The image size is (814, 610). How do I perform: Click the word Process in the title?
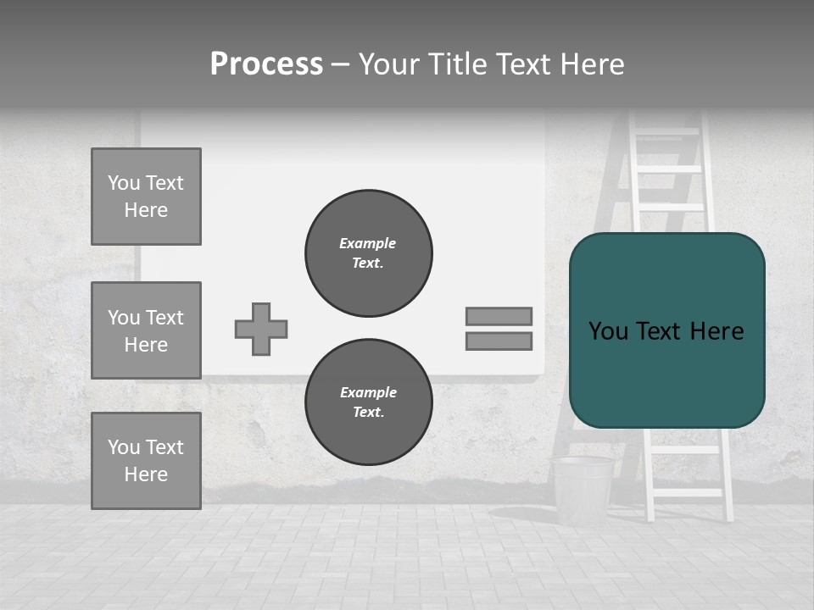266,64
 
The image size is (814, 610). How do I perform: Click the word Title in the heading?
460,64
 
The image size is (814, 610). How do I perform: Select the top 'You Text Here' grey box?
146,197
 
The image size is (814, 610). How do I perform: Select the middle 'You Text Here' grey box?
146,330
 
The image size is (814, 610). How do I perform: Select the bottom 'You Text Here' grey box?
146,460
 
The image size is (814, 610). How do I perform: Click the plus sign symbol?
261,329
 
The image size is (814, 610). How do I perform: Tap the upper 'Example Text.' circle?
368,252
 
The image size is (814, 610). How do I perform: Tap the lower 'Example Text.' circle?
368,402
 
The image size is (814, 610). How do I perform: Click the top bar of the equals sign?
499,316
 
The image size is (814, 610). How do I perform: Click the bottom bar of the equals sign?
499,341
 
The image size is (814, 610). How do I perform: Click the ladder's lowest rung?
687,492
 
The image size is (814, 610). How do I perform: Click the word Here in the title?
591,64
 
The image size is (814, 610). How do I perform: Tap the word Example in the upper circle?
368,243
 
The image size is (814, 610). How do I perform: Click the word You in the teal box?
609,331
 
